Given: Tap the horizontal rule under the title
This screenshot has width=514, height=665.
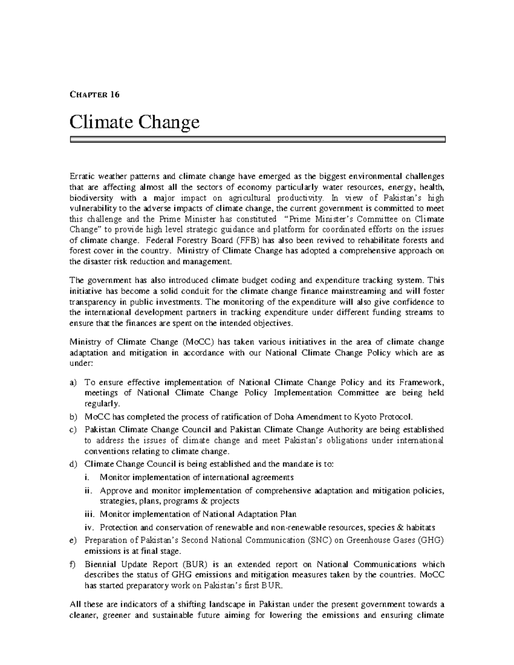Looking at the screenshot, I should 257,139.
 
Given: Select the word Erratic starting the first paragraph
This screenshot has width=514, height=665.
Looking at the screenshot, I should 81,176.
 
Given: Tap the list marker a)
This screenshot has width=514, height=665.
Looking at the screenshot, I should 72,382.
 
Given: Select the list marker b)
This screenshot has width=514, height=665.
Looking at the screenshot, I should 72,417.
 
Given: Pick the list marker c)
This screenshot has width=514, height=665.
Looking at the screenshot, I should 72,429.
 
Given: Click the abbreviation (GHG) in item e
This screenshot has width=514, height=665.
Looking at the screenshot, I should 430,540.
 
